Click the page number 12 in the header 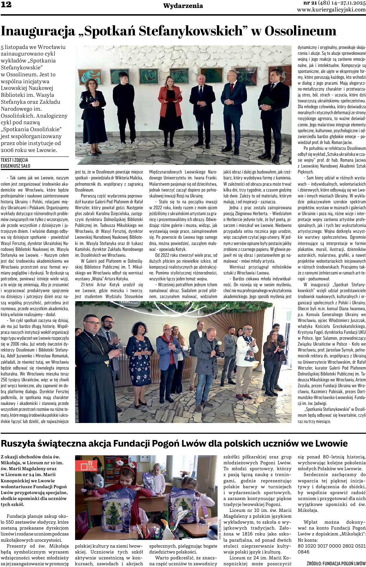pyautogui.click(x=7, y=5)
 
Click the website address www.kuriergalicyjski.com pyautogui.click(x=331, y=10)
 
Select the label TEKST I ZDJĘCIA pyautogui.click(x=14, y=160)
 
